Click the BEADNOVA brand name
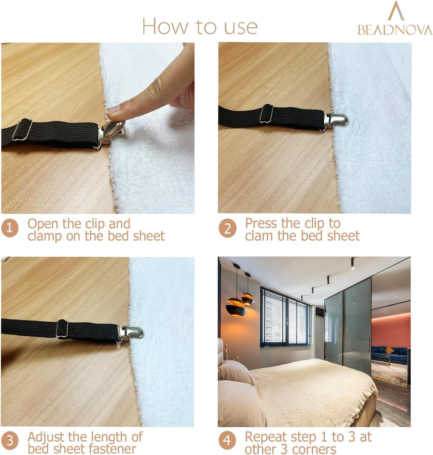click(x=395, y=30)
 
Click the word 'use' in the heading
click(x=241, y=27)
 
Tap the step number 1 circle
click(x=10, y=228)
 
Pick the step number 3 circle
click(x=10, y=441)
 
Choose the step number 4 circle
click(x=227, y=441)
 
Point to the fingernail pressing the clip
click(x=113, y=109)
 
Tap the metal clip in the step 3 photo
click(x=130, y=334)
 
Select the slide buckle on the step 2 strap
click(x=267, y=113)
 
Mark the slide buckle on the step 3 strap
click(x=62, y=329)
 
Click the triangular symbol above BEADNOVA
click(x=396, y=11)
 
